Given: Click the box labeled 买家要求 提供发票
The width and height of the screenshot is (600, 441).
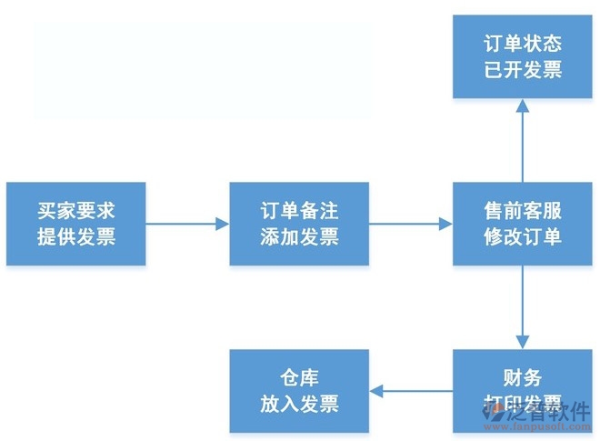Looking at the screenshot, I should coord(76,224).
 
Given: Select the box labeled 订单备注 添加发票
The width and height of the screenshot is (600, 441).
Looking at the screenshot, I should coord(299,224).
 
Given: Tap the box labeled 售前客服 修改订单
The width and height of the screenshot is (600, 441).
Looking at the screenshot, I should coord(522,224).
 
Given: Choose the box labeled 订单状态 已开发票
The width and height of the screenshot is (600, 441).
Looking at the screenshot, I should coord(522,56).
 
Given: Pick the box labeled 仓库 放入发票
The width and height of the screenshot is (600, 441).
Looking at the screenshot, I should coord(299,390).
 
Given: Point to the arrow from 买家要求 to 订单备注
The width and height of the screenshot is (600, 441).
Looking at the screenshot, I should coord(187,224).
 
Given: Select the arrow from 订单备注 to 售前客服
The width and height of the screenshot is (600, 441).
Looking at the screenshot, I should coord(411,224).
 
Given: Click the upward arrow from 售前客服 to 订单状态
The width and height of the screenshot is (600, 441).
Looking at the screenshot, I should coord(523,140).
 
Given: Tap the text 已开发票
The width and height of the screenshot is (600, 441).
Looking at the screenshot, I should coord(522,70).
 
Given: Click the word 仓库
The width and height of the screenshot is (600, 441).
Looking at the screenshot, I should coord(299,377).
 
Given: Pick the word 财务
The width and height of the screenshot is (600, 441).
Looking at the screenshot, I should coord(522,377).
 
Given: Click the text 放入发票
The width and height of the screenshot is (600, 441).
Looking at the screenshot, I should coord(299,404).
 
